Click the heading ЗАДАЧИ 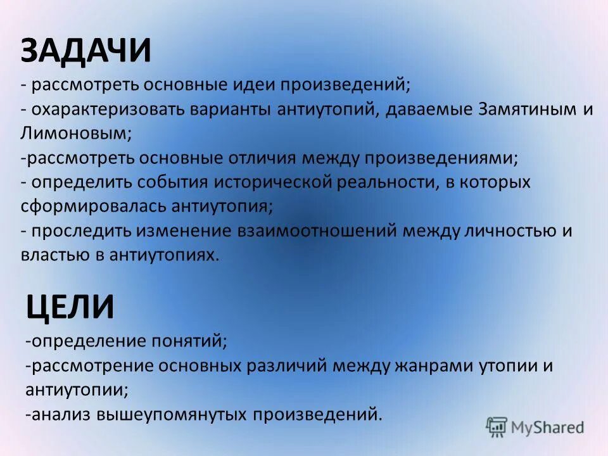pos(86,51)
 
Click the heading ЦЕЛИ pos(70,307)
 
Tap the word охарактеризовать pos(104,109)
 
